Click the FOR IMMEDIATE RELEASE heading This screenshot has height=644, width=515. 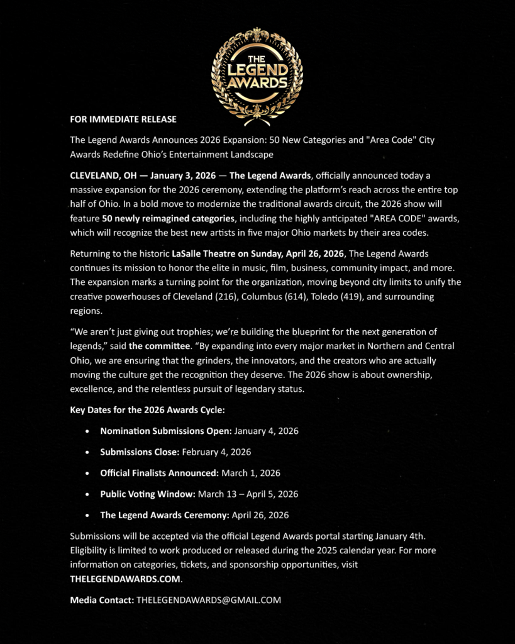click(123, 119)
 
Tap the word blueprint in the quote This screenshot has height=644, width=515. click(321, 331)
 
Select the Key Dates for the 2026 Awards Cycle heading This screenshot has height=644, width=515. click(147, 411)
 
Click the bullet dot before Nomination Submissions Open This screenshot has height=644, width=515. click(87, 432)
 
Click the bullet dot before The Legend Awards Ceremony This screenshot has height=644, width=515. click(87, 515)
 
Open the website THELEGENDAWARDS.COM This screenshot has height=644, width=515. click(126, 579)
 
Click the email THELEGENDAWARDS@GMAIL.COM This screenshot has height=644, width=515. click(208, 600)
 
